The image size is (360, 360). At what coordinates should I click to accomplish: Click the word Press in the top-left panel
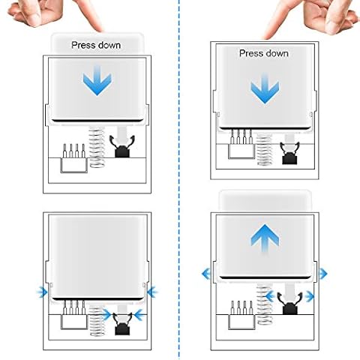tap(83, 45)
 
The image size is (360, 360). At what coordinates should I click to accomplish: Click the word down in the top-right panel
tap(277, 53)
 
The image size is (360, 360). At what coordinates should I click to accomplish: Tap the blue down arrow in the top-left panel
tap(97, 80)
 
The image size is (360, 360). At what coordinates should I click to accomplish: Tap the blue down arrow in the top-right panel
tap(265, 88)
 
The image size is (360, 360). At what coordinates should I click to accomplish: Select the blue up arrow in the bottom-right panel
tap(265, 240)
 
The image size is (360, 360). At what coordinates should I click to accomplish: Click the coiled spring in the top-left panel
tap(97, 147)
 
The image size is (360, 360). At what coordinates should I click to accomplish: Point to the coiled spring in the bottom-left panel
tap(97, 321)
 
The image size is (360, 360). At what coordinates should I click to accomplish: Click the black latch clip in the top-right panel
tap(290, 153)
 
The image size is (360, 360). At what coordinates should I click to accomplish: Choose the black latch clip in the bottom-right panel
tap(290, 303)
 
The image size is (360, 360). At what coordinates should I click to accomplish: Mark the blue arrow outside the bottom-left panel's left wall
tap(42, 292)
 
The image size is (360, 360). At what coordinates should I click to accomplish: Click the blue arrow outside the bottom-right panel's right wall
tap(323, 274)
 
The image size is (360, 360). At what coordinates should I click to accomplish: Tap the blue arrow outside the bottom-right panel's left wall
tap(206, 274)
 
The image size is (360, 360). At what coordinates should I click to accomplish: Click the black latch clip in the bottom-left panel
tap(122, 324)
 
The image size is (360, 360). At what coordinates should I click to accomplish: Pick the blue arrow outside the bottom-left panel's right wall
tap(152, 292)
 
